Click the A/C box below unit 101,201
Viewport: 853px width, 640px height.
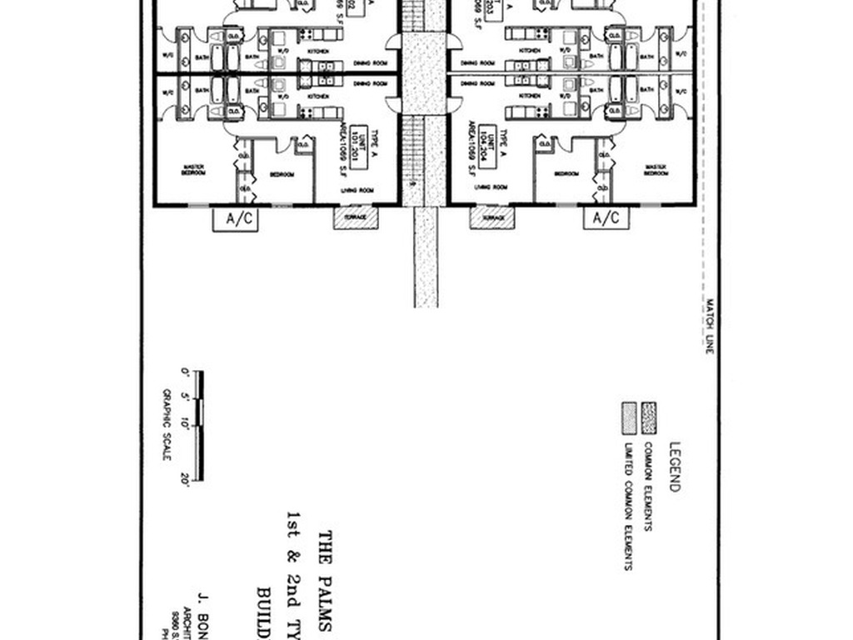[237, 218]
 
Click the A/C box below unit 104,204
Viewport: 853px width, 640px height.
[606, 218]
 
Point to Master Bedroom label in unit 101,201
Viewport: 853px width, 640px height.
[193, 170]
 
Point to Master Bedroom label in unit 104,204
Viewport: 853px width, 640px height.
[656, 170]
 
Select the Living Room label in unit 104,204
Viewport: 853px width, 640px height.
[491, 187]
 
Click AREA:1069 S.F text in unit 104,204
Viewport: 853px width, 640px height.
[472, 152]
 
